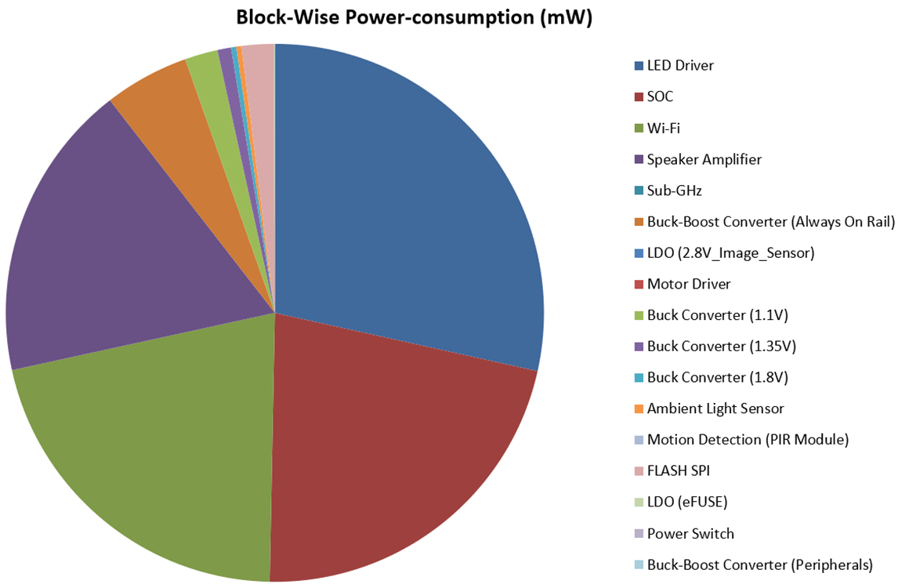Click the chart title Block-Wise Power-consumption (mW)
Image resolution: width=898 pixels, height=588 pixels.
414,17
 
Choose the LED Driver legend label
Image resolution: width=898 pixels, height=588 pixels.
680,66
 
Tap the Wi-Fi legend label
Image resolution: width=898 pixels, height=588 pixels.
663,128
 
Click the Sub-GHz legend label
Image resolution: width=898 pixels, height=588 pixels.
674,191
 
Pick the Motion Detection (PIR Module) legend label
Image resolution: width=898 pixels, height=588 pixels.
748,440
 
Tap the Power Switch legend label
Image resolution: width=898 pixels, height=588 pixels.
690,533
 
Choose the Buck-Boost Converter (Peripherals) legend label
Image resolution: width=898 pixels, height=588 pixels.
759,564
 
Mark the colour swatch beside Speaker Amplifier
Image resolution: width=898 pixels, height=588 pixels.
639,159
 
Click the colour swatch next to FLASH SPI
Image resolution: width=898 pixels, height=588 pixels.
639,471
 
